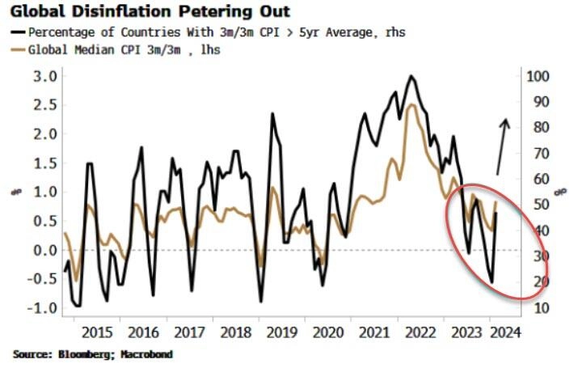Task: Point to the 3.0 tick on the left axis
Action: click(44, 76)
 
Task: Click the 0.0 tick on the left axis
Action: click(44, 250)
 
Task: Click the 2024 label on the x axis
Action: click(504, 332)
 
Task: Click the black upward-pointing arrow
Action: click(502, 146)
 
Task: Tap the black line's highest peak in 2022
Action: click(411, 77)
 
